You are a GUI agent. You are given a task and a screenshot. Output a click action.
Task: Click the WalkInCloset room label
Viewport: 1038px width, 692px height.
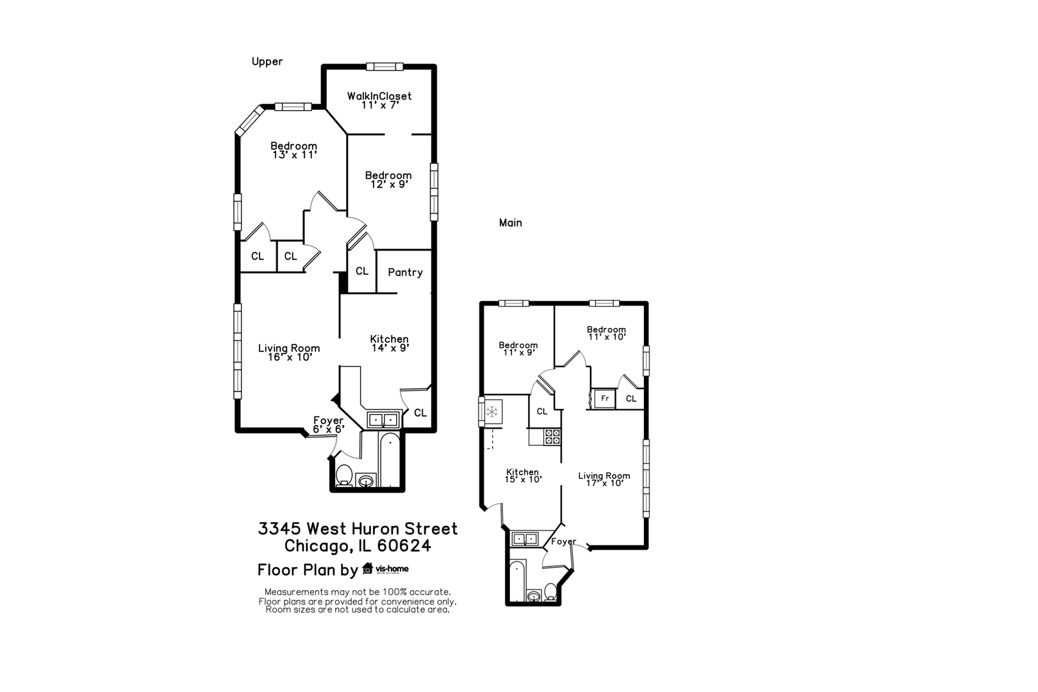379,100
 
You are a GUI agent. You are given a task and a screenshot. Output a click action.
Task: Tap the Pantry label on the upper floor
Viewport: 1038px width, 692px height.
405,272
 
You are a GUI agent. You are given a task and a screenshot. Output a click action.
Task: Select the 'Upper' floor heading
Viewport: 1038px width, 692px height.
267,62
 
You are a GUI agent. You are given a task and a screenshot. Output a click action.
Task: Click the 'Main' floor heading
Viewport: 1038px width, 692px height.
510,223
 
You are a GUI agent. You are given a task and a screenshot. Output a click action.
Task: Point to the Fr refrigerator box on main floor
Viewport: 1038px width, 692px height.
604,399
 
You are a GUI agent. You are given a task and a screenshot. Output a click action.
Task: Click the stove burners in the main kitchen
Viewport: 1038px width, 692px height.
552,437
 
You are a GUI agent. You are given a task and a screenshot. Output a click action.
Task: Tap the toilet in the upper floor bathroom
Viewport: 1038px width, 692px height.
345,475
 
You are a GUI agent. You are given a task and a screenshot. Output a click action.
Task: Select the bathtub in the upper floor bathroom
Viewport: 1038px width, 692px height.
390,459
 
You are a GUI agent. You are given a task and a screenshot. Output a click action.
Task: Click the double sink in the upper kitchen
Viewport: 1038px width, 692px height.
383,420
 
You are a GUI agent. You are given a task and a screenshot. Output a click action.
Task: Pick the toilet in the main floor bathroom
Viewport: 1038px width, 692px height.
550,591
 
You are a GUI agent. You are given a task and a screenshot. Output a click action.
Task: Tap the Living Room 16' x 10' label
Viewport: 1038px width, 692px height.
289,352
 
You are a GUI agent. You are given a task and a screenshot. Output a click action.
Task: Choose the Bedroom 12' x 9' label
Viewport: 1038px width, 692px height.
388,179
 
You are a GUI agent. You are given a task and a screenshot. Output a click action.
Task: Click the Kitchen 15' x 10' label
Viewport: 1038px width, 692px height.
522,475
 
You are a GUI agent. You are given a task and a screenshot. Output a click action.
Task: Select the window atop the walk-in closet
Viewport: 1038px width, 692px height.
384,66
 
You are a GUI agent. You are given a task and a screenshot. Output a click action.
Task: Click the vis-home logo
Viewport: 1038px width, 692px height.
386,569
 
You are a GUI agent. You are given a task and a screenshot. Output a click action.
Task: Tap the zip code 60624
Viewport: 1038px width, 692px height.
404,546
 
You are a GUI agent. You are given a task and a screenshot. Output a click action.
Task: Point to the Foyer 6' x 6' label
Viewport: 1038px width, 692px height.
328,424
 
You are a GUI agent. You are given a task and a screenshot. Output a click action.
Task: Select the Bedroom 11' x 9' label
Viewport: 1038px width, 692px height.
518,349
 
